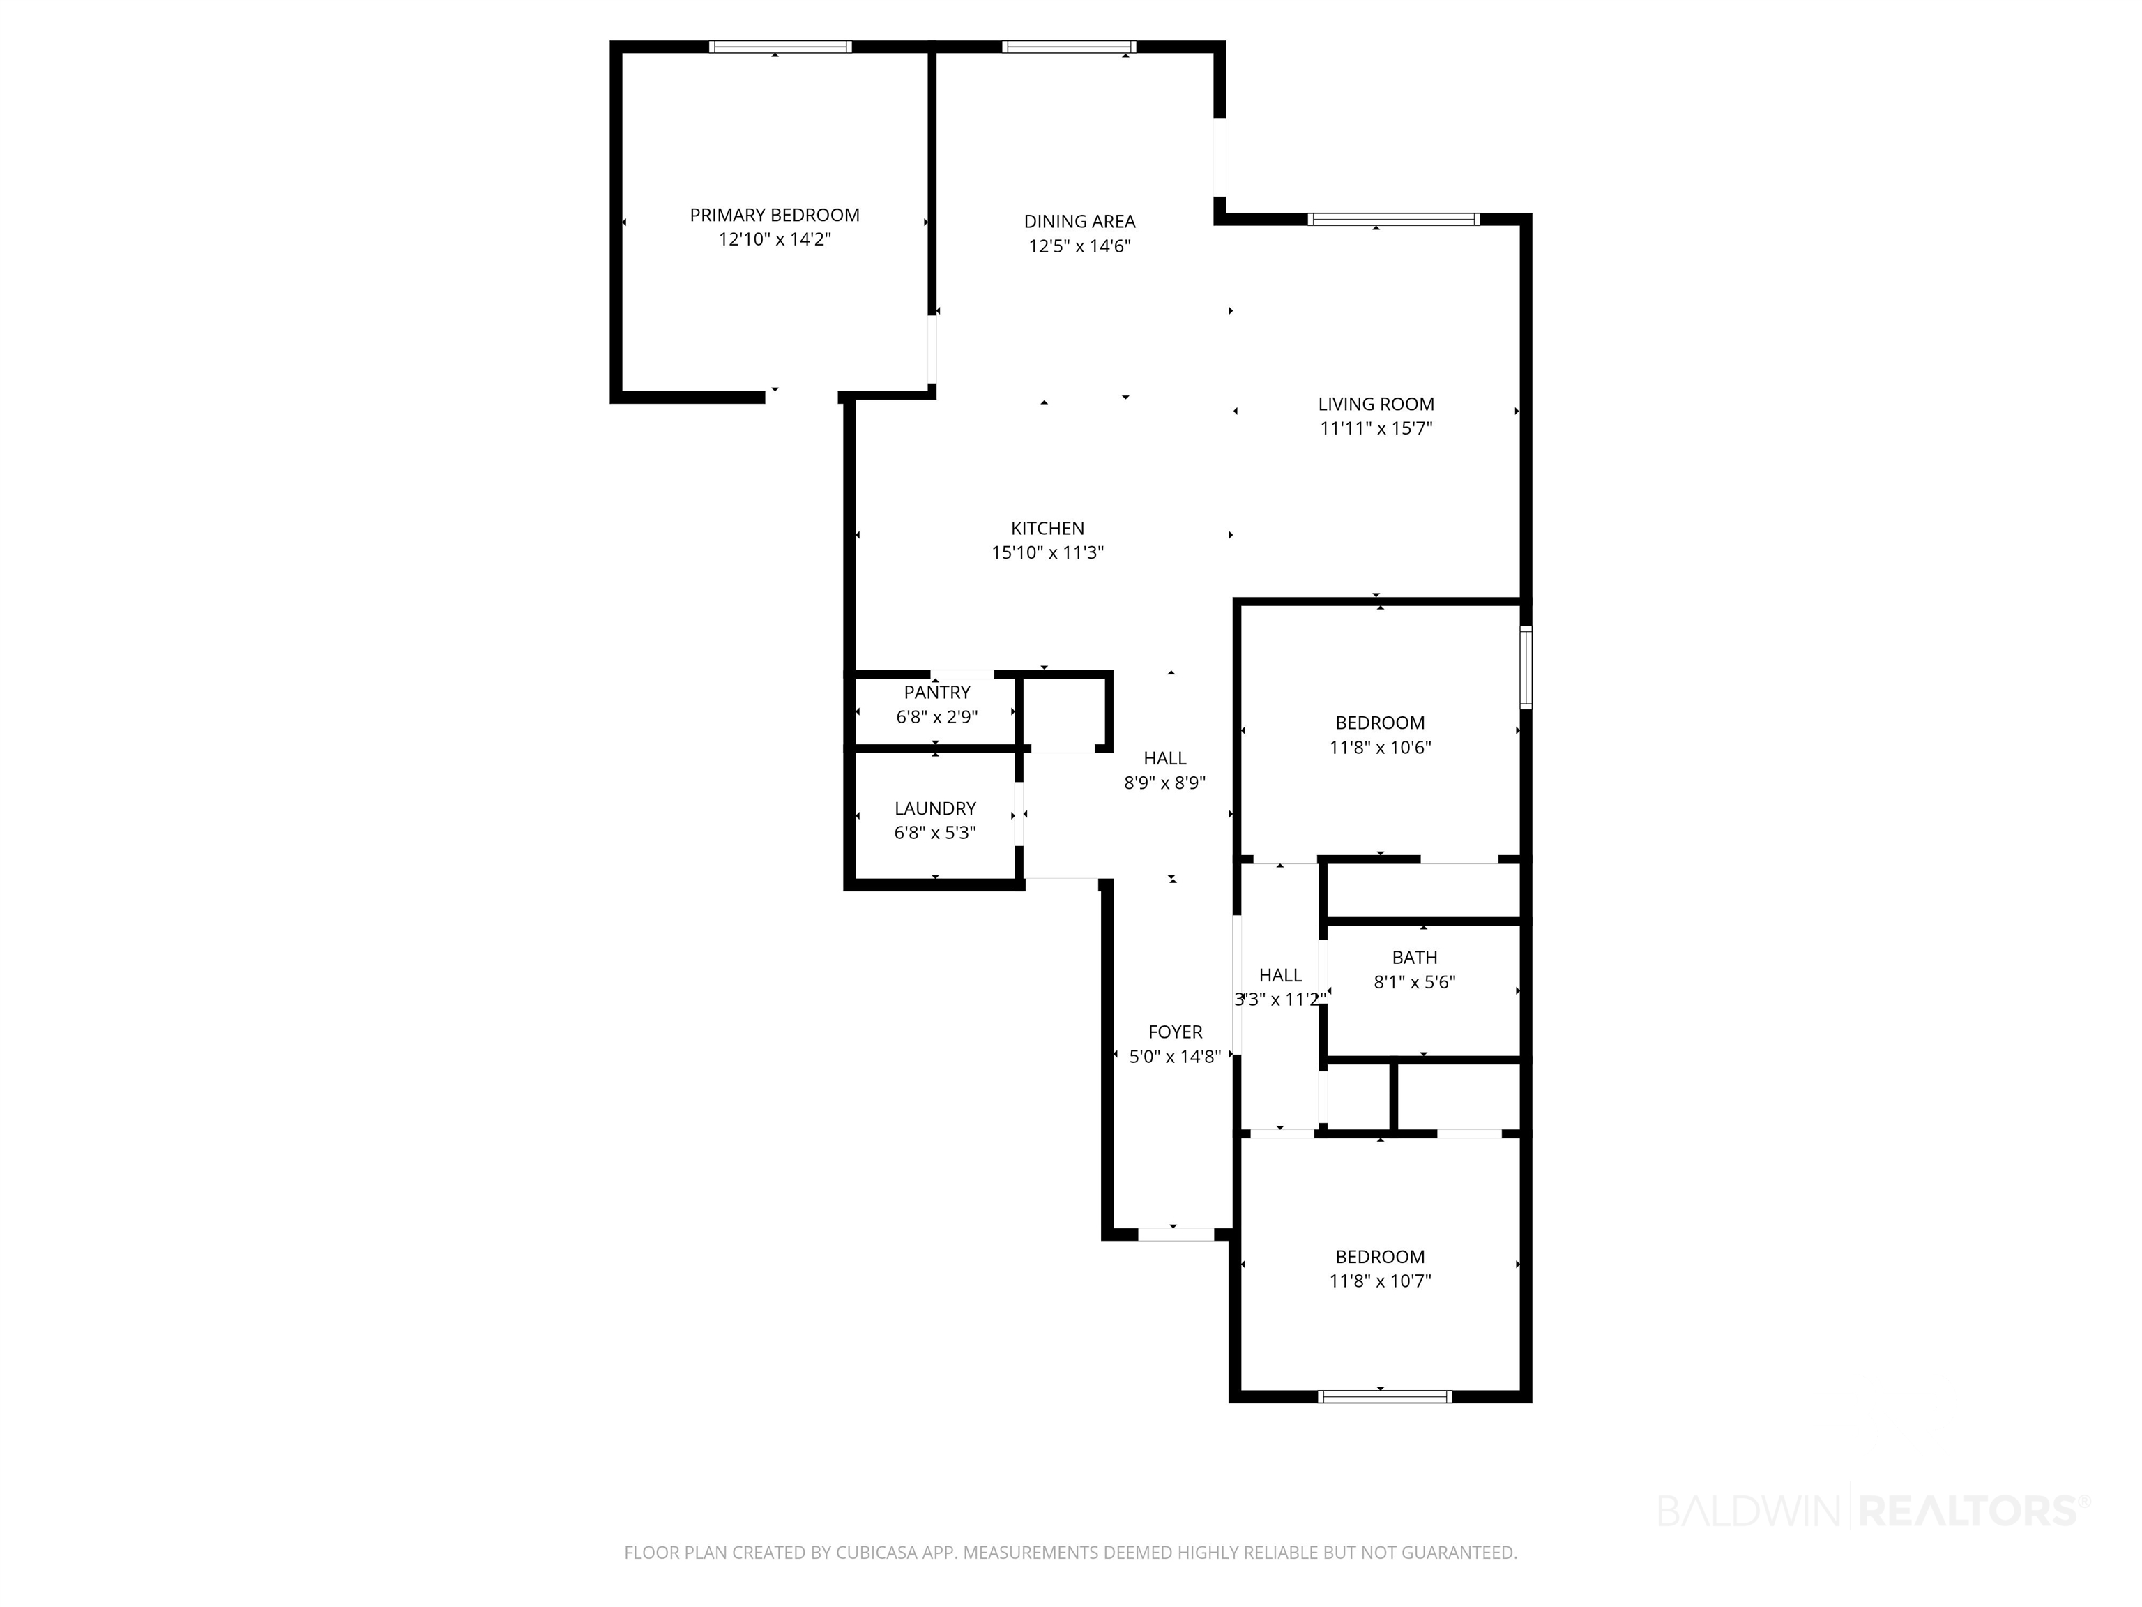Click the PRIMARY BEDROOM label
[x=775, y=215]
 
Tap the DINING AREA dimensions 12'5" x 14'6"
[x=1079, y=246]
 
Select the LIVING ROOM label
[x=1376, y=404]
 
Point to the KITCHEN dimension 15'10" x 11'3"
[x=1048, y=553]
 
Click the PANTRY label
[x=937, y=693]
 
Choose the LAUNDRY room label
[x=936, y=808]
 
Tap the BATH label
[x=1415, y=957]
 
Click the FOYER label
[x=1176, y=1032]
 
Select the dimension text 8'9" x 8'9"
[x=1165, y=783]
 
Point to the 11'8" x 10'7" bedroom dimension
[x=1380, y=1281]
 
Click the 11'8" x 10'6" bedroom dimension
[x=1380, y=747]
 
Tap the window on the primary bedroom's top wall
[x=780, y=47]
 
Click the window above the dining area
[x=1068, y=47]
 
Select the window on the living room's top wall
[x=1393, y=219]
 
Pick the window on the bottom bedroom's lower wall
[x=1385, y=1396]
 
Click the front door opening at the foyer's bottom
[x=1176, y=1234]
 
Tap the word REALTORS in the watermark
[x=1970, y=1509]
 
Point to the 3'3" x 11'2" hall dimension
[x=1280, y=999]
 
